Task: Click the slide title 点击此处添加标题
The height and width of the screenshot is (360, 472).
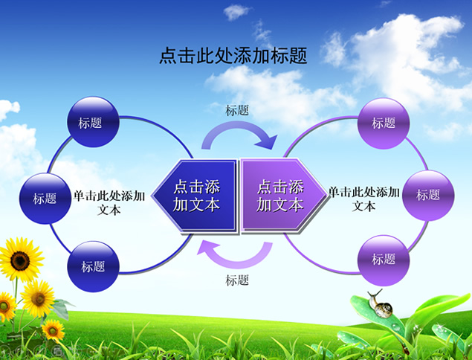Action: coord(233,56)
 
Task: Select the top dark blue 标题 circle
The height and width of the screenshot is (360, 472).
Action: coord(93,122)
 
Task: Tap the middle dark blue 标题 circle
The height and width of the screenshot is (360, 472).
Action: coord(45,199)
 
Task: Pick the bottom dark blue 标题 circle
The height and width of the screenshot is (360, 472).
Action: coord(93,266)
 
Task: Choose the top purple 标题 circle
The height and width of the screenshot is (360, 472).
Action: coord(384,123)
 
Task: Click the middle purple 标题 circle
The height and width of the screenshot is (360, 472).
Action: coord(428,195)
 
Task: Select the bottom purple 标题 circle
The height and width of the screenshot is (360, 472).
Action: coord(384,260)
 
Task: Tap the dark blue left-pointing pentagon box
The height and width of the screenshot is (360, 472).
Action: coord(195,196)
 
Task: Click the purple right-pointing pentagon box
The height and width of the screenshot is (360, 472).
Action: coord(284,196)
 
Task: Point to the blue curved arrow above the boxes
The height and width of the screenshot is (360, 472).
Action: coord(238,124)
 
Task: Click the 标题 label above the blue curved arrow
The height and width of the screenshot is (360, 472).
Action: coord(237,110)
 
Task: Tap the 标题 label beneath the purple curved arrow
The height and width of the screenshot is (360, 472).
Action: coord(237,280)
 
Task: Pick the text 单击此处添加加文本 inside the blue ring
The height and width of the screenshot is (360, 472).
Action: coord(109,203)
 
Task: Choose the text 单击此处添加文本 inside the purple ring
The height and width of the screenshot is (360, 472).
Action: coord(364,199)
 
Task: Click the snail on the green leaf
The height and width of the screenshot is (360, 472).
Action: coord(380,304)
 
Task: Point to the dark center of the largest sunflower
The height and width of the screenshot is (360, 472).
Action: coord(20,261)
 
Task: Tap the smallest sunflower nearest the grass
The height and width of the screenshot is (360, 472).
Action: coord(53,330)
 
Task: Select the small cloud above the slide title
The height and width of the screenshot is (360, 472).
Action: coord(236,12)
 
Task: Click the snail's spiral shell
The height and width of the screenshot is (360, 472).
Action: coord(384,310)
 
